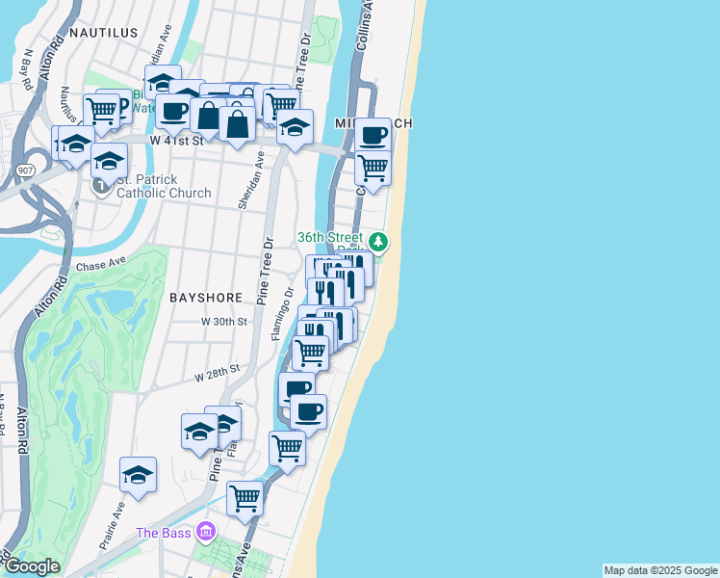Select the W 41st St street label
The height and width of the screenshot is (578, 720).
pyautogui.click(x=178, y=140)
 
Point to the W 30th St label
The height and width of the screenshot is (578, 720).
pyautogui.click(x=224, y=322)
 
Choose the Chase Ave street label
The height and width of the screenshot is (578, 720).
pyautogui.click(x=101, y=263)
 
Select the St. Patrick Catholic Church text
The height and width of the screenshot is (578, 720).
pyautogui.click(x=164, y=186)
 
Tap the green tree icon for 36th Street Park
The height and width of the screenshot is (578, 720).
pyautogui.click(x=379, y=241)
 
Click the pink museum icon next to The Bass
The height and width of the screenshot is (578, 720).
pyautogui.click(x=205, y=532)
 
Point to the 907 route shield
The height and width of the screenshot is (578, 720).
pyautogui.click(x=26, y=170)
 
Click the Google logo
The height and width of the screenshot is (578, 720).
pyautogui.click(x=32, y=566)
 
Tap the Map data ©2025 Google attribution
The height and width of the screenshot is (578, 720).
pyautogui.click(x=660, y=570)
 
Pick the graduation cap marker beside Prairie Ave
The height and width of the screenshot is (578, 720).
pyautogui.click(x=139, y=474)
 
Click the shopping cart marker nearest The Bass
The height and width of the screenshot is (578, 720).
pyautogui.click(x=245, y=498)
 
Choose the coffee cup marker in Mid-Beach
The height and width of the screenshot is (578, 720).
pyautogui.click(x=373, y=135)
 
